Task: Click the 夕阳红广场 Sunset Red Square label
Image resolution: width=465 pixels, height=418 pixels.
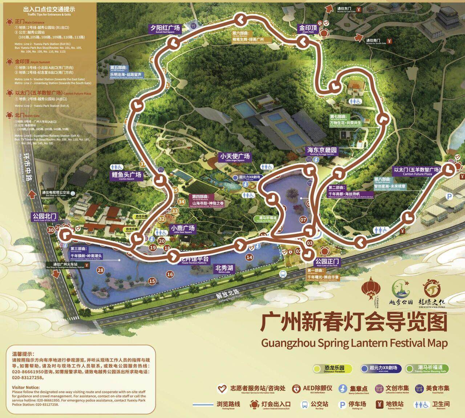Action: (x=165, y=29)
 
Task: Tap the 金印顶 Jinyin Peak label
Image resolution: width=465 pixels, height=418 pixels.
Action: (x=308, y=29)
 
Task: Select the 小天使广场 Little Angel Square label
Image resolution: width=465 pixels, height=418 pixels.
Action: (x=235, y=157)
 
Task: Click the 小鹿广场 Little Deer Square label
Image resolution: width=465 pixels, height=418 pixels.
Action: (x=182, y=230)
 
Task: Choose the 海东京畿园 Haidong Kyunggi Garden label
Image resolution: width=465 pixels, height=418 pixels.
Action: (x=322, y=151)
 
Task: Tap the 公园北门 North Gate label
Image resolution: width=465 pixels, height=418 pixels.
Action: (x=44, y=217)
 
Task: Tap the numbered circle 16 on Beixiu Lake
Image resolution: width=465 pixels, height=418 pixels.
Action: (x=170, y=274)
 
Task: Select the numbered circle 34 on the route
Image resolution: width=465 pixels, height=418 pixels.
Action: (x=182, y=202)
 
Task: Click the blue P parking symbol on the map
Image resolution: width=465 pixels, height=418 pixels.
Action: (x=450, y=196)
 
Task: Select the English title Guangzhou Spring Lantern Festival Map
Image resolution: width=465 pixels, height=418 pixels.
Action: (x=354, y=342)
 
